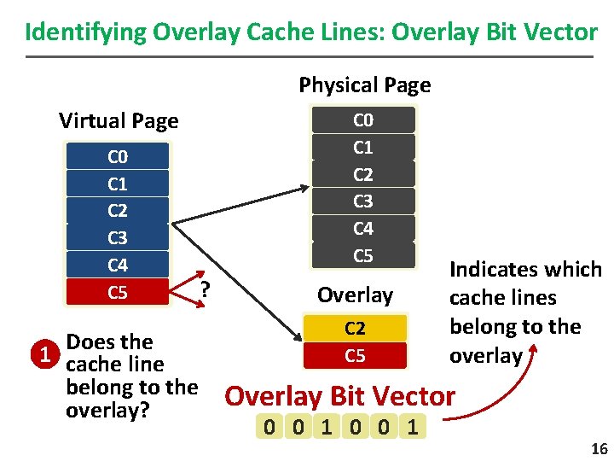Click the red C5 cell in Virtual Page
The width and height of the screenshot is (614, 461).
pyautogui.click(x=118, y=293)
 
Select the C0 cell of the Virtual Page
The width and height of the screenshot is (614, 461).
pyautogui.click(x=118, y=157)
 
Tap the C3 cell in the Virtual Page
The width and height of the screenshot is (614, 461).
pyautogui.click(x=118, y=238)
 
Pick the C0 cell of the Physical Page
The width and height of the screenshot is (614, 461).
pyautogui.click(x=363, y=120)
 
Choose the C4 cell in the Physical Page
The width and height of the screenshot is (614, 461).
pyautogui.click(x=363, y=228)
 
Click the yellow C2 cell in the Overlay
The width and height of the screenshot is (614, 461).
pyautogui.click(x=355, y=329)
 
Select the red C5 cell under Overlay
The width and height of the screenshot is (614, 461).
pyautogui.click(x=355, y=355)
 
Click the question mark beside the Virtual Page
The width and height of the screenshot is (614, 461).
pyautogui.click(x=205, y=289)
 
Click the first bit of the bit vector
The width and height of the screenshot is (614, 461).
pyautogui.click(x=270, y=426)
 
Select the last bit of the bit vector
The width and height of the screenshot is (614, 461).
pyautogui.click(x=413, y=426)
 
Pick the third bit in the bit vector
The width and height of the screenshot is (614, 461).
pyautogui.click(x=327, y=426)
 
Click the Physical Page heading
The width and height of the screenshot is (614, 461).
pyautogui.click(x=364, y=85)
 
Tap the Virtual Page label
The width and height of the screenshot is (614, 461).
pyautogui.click(x=119, y=121)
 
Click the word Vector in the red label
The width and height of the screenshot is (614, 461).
pyautogui.click(x=418, y=396)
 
